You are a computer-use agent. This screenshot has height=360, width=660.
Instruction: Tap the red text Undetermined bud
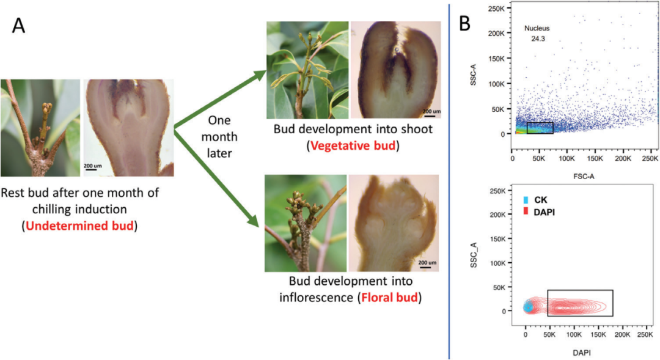[x=80, y=224]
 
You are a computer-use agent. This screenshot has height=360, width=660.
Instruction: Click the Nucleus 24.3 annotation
[x=540, y=34]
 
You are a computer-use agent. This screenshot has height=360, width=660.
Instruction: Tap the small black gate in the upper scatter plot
[x=540, y=128]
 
